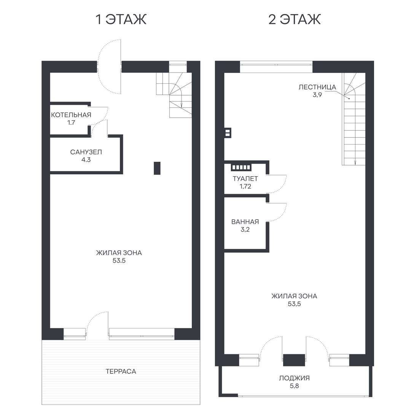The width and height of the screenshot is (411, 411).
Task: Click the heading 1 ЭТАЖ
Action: (x=121, y=19)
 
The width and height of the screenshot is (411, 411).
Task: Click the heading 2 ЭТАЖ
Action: (x=294, y=19)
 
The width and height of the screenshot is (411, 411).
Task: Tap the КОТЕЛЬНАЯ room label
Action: (x=71, y=115)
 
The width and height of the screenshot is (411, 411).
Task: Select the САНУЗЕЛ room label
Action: (x=86, y=152)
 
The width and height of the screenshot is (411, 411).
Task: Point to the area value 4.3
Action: (x=86, y=159)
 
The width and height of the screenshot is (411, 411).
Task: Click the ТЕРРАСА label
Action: (x=121, y=371)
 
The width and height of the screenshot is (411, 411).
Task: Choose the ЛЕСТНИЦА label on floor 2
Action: (x=317, y=87)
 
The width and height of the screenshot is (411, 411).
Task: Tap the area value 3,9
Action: (x=317, y=95)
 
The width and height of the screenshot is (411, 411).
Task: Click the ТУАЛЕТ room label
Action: (x=245, y=179)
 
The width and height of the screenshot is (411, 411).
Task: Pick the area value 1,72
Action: (x=245, y=186)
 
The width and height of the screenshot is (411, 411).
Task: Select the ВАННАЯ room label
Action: (x=245, y=222)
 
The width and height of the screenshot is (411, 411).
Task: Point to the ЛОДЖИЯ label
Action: (x=294, y=378)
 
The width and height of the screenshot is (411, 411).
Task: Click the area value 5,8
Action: (x=294, y=386)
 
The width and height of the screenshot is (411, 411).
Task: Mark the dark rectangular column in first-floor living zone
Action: (x=157, y=168)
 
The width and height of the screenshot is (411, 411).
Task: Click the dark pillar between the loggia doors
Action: (x=294, y=360)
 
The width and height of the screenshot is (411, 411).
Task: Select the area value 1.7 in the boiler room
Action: (x=71, y=123)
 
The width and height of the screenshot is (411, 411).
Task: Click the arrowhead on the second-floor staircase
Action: (x=355, y=162)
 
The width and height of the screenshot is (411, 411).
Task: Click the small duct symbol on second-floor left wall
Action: (x=228, y=132)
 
